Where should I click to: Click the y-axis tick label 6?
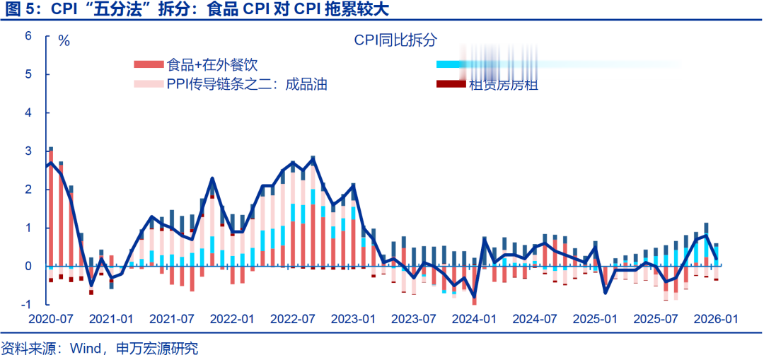(x=28, y=35)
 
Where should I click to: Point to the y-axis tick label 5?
(x=28, y=74)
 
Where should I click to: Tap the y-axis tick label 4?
(x=28, y=112)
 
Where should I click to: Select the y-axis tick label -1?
(x=26, y=305)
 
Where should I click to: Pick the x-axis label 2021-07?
(x=171, y=319)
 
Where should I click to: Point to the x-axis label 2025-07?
(x=656, y=319)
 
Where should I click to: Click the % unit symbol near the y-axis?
(x=64, y=40)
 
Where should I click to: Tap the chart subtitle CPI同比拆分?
(x=396, y=40)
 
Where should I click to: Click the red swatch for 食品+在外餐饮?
(x=148, y=65)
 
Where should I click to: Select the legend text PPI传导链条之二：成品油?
(x=247, y=85)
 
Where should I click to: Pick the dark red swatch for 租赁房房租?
(x=451, y=85)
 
